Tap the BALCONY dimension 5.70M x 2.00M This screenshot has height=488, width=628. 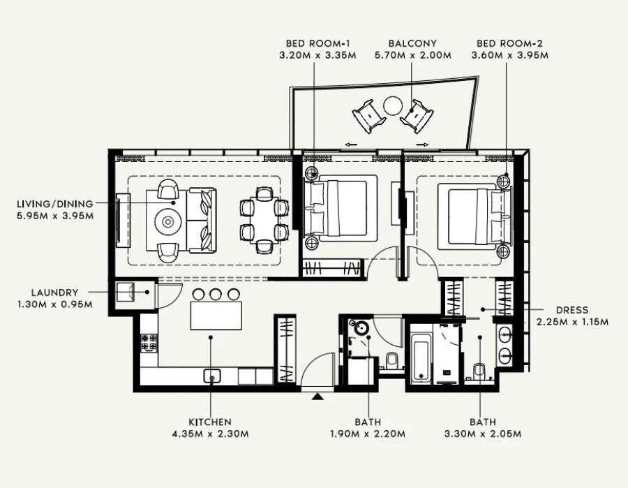pos(411,55)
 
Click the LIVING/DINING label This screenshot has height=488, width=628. pos(55,204)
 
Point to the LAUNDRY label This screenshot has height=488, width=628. pos(54,293)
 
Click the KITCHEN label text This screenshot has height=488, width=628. pos(209,422)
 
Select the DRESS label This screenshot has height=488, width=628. pos(572,310)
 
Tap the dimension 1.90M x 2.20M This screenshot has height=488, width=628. pos(367,434)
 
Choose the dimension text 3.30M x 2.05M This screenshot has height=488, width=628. pos(483,434)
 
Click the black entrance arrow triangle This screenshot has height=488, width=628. pos(318,397)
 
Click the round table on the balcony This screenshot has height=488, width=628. pos(392,106)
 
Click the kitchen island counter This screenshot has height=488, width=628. pos(216,316)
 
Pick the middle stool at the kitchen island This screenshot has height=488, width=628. pos(216,294)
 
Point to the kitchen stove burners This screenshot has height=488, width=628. pos(149,343)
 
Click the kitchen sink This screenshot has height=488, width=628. pos(211,376)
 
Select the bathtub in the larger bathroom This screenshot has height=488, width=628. pos(419,357)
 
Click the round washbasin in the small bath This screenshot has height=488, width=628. pos(362,326)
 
